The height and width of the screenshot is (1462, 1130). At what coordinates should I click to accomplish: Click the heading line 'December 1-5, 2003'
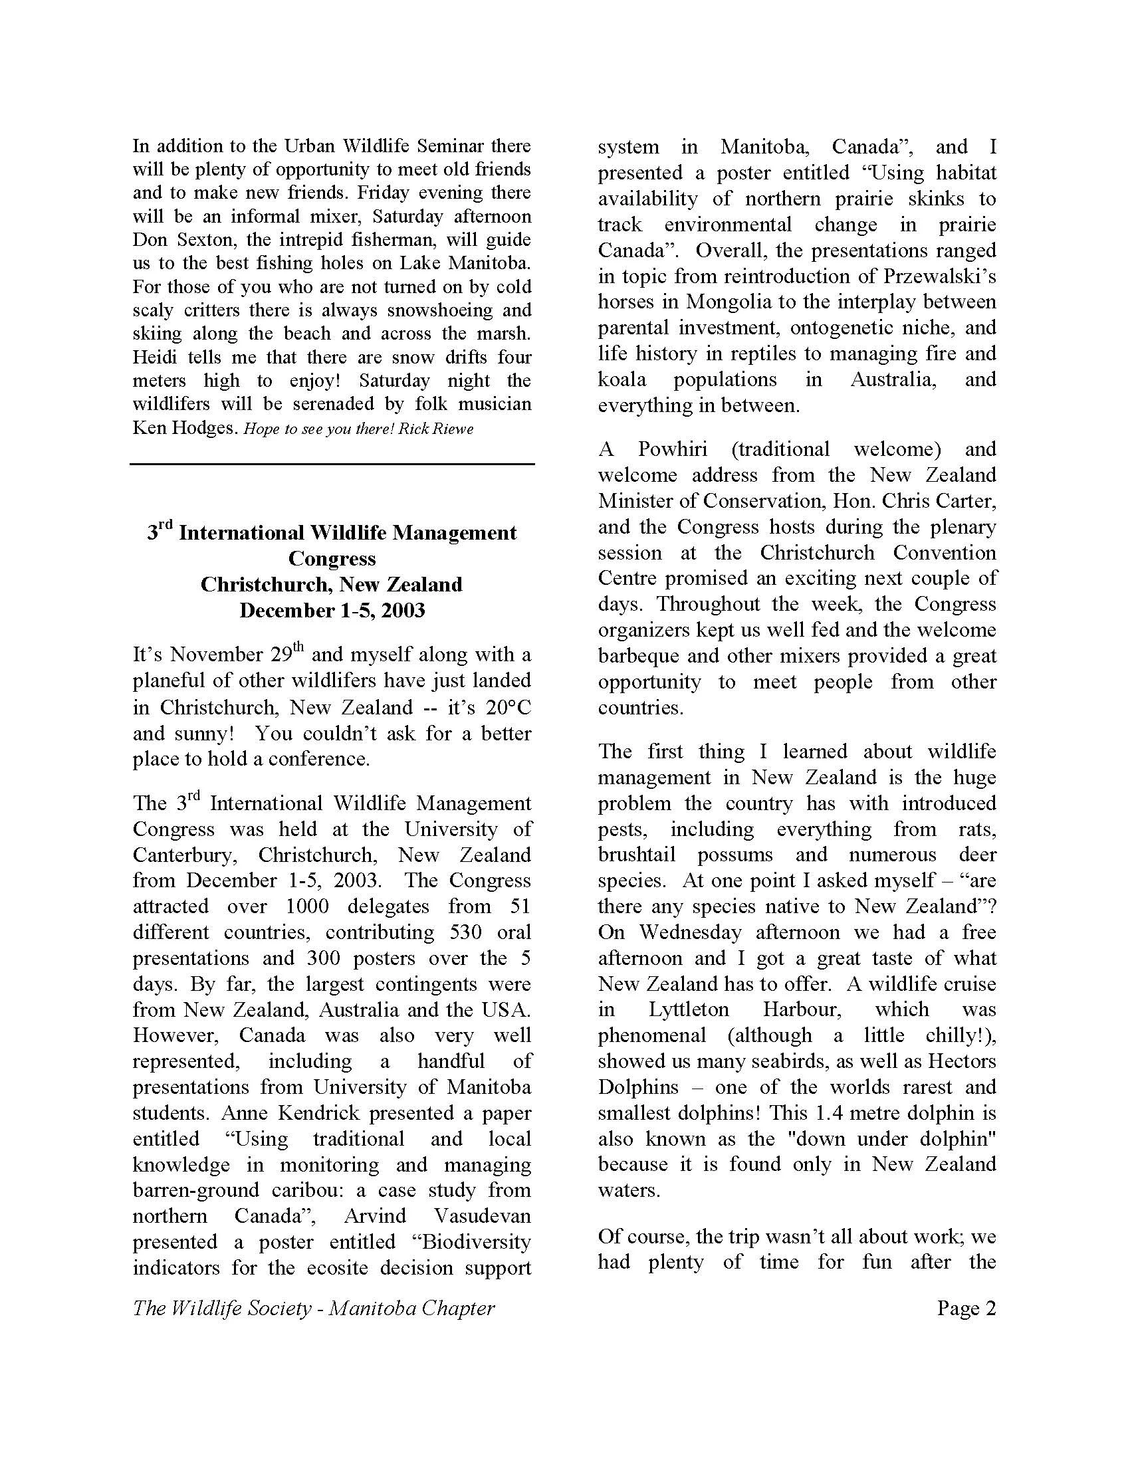coord(332,611)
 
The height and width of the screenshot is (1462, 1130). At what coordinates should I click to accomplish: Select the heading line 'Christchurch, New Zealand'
coord(332,584)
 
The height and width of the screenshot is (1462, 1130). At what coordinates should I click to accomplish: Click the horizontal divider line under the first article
coord(332,463)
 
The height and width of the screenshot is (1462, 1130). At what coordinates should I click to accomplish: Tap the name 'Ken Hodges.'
coord(185,428)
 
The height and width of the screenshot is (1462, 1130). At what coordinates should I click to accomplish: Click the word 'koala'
coord(622,379)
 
